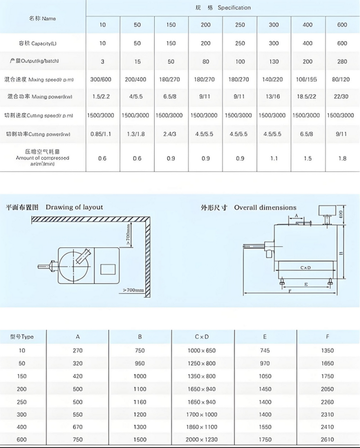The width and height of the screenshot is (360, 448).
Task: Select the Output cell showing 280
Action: [x=342, y=61]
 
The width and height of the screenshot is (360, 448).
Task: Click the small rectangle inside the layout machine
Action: [x=108, y=269]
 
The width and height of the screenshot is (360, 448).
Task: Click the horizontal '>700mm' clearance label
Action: [x=133, y=290]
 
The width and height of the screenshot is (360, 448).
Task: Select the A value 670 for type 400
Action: [x=77, y=427]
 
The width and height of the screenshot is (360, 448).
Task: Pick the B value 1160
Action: [x=140, y=402]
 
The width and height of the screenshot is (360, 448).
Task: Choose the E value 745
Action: [x=265, y=351]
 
